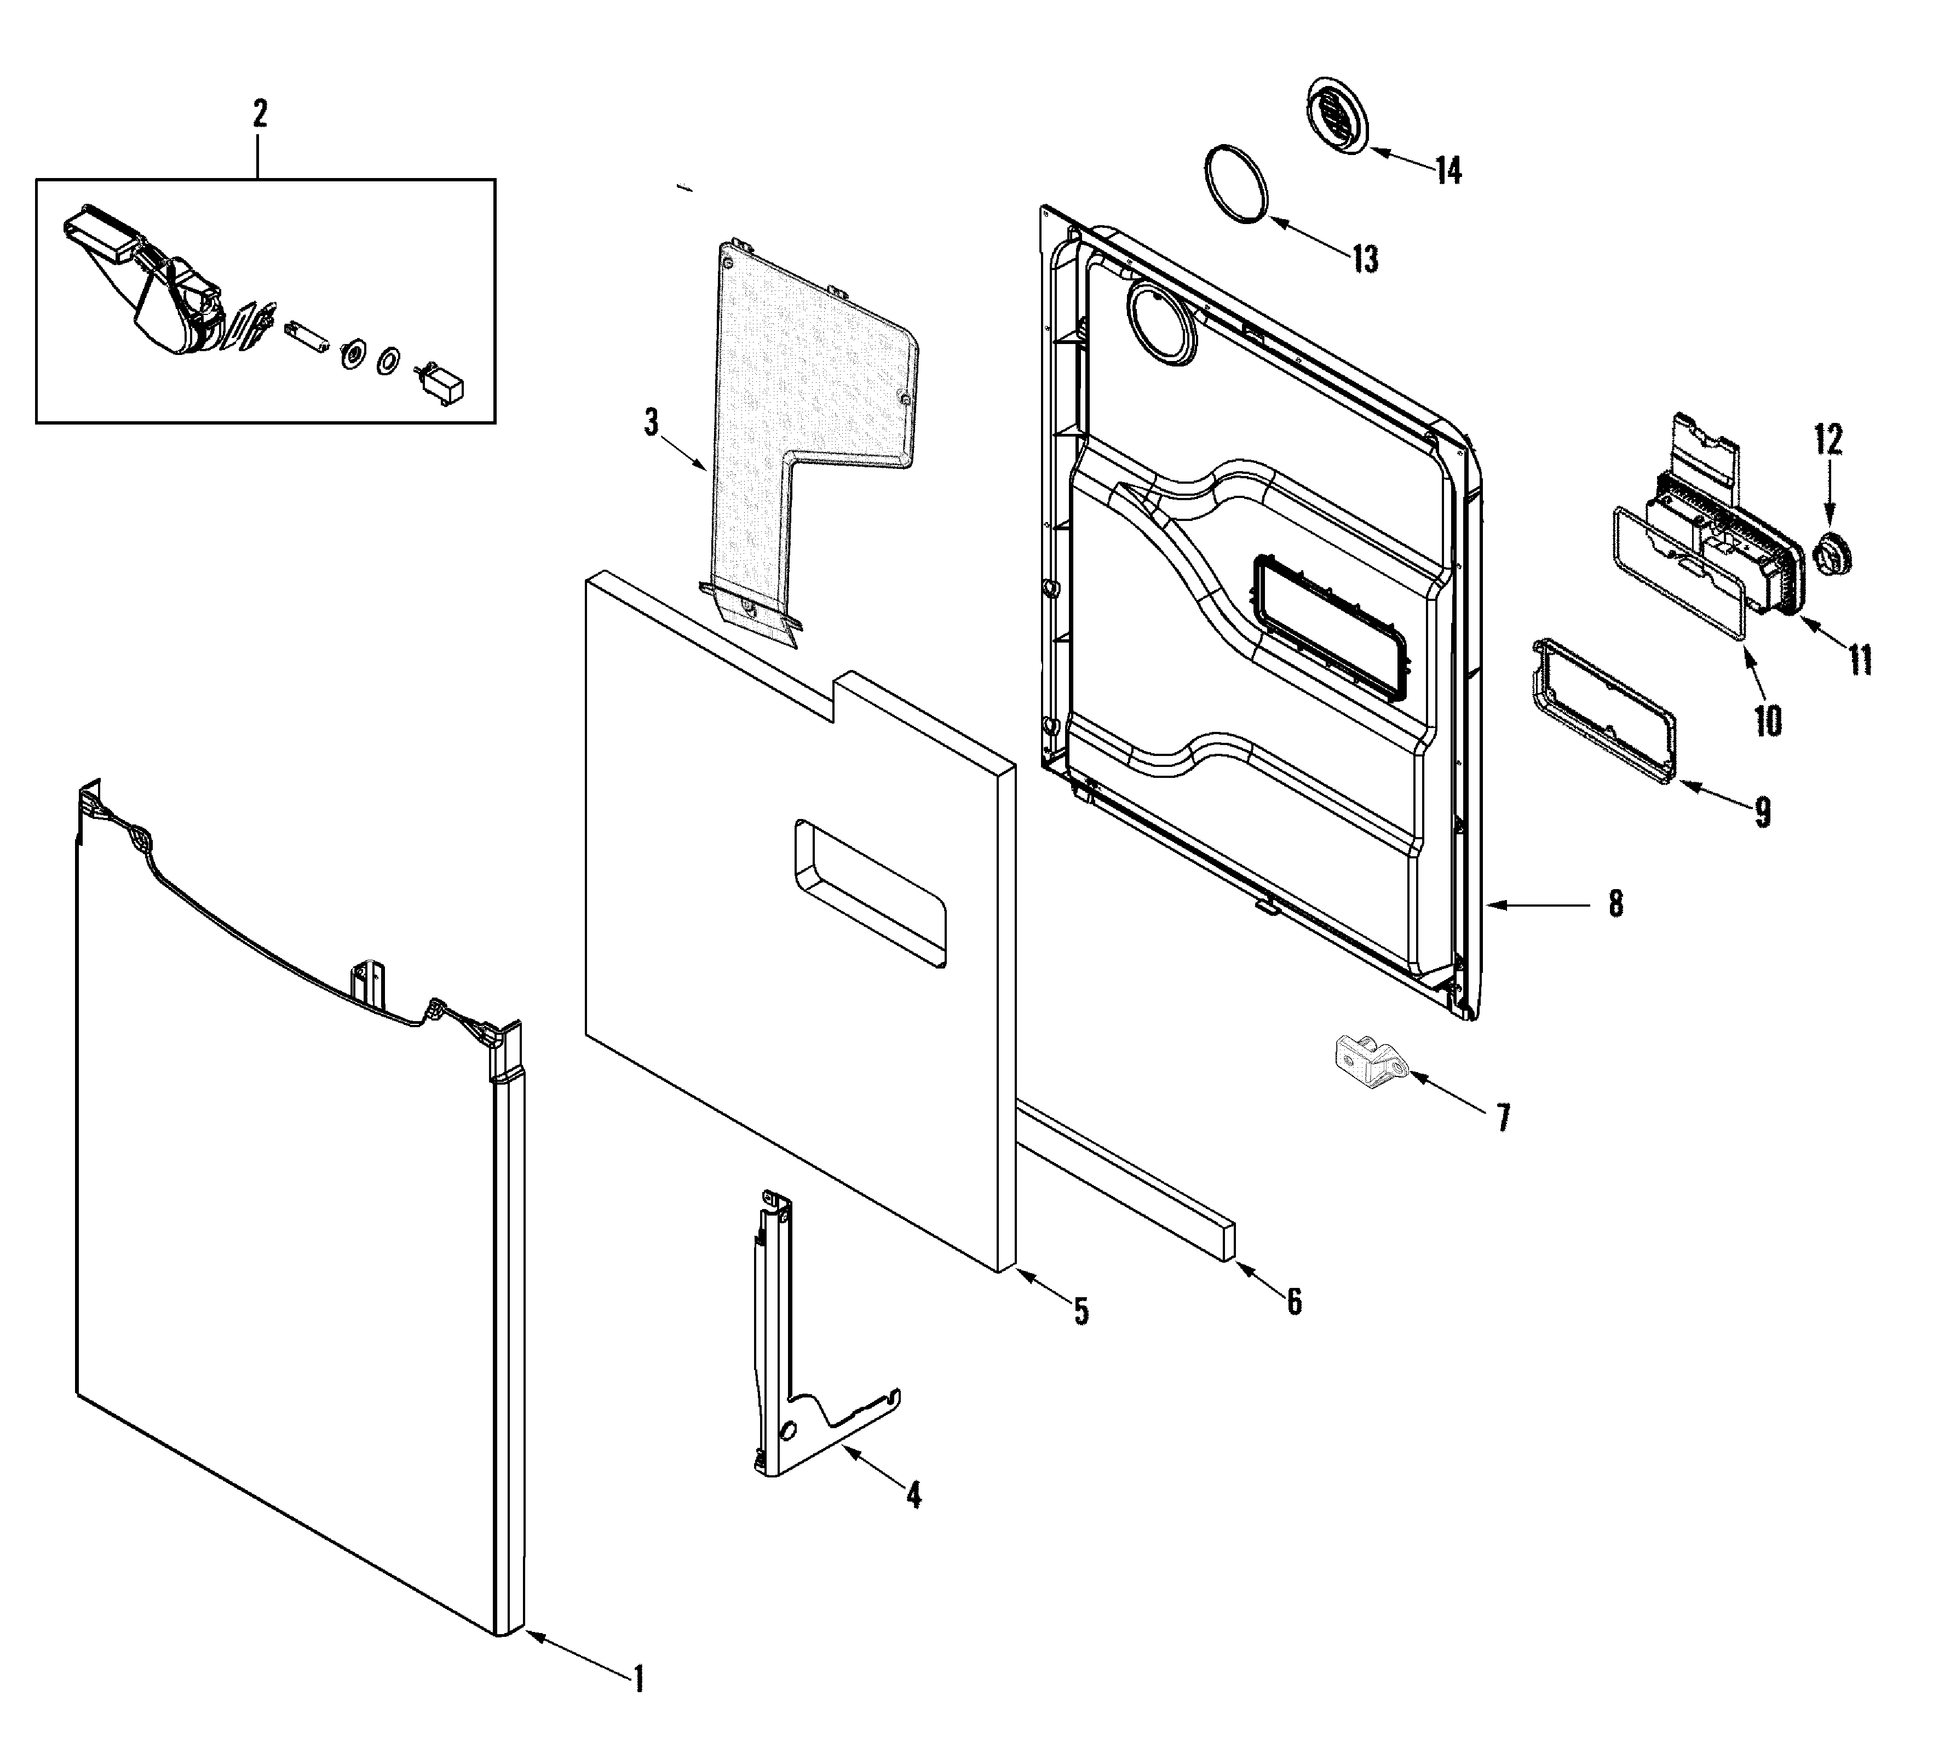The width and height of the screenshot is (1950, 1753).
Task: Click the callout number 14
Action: [x=1447, y=171]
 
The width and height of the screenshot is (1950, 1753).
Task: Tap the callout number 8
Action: [x=1615, y=903]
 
